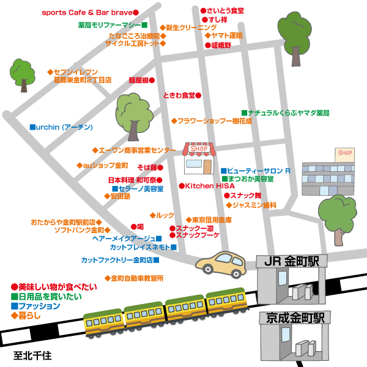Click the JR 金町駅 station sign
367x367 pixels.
coord(292,262)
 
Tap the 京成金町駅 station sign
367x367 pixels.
coord(295,317)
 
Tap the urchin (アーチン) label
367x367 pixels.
coord(64,127)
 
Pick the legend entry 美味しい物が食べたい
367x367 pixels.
coord(54,286)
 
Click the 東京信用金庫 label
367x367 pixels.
coord(211,220)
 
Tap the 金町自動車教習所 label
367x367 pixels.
coord(136,278)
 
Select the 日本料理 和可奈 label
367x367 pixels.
coord(135,180)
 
